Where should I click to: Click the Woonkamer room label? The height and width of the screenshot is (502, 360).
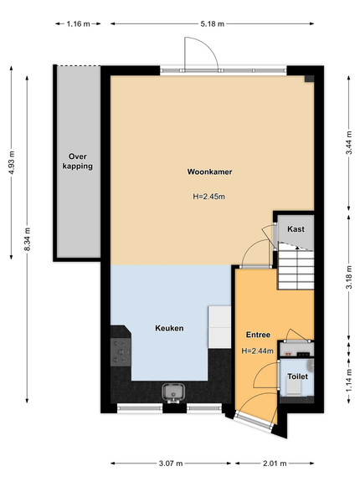pyautogui.click(x=209, y=172)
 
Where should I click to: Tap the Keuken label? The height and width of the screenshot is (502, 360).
pyautogui.click(x=169, y=328)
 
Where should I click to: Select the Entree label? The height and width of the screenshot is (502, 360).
pyautogui.click(x=258, y=335)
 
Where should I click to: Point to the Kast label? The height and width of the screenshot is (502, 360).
pyautogui.click(x=296, y=229)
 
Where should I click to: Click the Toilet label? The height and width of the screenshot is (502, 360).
pyautogui.click(x=297, y=376)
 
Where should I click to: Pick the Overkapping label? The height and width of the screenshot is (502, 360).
pyautogui.click(x=78, y=161)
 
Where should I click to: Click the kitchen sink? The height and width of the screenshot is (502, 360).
pyautogui.click(x=173, y=392)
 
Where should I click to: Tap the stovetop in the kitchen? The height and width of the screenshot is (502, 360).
pyautogui.click(x=121, y=352)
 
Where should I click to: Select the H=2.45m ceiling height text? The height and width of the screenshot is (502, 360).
pyautogui.click(x=208, y=197)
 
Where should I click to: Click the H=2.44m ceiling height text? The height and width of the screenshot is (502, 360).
pyautogui.click(x=258, y=351)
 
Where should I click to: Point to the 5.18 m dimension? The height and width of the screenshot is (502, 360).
pyautogui.click(x=213, y=23)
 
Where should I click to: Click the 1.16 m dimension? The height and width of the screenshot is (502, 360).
pyautogui.click(x=79, y=23)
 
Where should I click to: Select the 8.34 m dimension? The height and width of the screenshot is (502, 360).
pyautogui.click(x=28, y=239)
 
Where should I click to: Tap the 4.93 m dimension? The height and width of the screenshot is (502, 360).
pyautogui.click(x=12, y=162)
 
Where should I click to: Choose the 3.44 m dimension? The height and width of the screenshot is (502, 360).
pyautogui.click(x=349, y=143)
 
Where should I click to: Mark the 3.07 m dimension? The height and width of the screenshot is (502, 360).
pyautogui.click(x=171, y=464)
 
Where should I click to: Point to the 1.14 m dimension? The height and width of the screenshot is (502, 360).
pyautogui.click(x=349, y=381)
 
